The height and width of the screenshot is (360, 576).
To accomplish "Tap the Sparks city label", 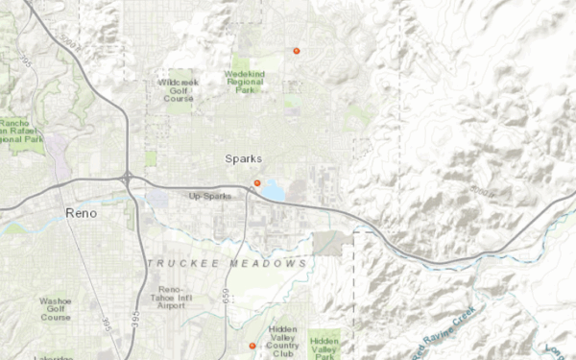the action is [x=243, y=158].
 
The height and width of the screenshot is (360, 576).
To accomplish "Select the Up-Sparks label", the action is [x=210, y=196].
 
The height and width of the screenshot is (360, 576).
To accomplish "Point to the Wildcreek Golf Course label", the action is [x=178, y=90].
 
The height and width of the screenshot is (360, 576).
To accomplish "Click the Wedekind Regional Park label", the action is [x=246, y=80].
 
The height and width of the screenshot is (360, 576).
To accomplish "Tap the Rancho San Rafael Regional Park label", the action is [x=20, y=131].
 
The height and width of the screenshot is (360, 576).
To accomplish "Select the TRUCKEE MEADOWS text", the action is [x=228, y=263].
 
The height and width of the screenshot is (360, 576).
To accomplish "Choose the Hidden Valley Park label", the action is [x=324, y=347].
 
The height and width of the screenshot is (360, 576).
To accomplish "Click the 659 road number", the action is [x=227, y=298].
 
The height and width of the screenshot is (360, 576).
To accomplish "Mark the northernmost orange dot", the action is [x=297, y=50].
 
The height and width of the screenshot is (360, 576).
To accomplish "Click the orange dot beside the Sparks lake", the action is [x=256, y=182].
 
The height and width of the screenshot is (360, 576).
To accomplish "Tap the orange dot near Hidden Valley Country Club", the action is [x=252, y=346].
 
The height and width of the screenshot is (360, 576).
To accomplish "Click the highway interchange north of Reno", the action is [x=128, y=178].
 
